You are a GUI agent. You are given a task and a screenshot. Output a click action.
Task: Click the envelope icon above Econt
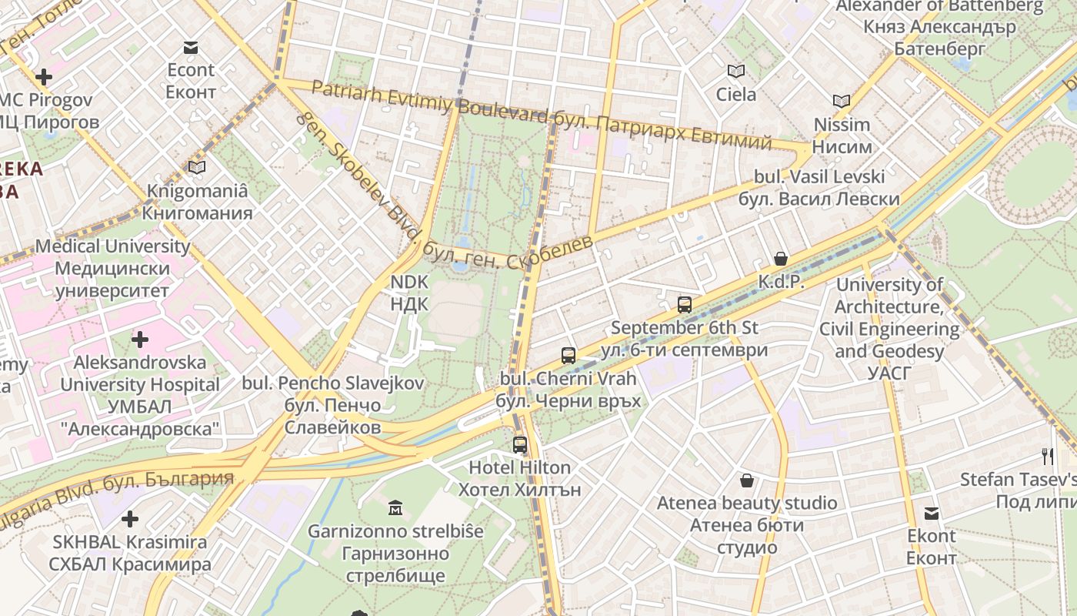click(x=191, y=48)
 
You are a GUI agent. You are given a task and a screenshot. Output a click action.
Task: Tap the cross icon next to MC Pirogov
click(x=44, y=77)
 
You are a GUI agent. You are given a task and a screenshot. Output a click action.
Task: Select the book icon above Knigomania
click(x=197, y=167)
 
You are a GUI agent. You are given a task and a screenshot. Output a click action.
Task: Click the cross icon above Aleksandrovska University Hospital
click(x=140, y=339)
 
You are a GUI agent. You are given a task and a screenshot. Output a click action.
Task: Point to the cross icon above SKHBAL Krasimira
click(x=130, y=519)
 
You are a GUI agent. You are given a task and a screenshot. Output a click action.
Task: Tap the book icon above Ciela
click(x=736, y=72)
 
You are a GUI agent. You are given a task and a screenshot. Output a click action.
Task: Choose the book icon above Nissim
click(x=842, y=101)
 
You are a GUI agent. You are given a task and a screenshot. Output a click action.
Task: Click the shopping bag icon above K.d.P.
click(x=781, y=259)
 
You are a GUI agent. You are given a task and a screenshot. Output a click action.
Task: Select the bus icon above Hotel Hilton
click(x=520, y=444)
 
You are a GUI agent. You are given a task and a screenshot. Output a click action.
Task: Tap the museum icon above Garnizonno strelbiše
click(x=395, y=507)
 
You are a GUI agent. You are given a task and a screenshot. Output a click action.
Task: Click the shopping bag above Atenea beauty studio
click(x=746, y=481)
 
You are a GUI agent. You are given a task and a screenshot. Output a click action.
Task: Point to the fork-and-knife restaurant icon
click(x=1047, y=456)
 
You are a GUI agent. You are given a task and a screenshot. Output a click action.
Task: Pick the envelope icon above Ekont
click(x=932, y=514)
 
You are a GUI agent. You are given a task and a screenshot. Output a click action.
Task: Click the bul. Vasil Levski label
click(x=819, y=187)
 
